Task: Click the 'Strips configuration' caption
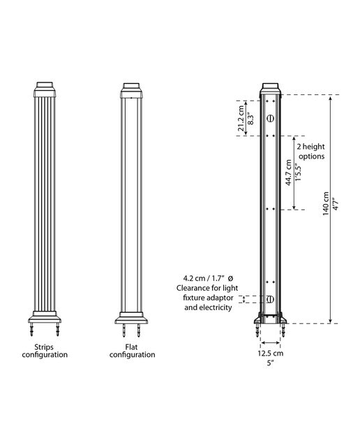tap(45, 351)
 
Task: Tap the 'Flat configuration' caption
tap(132, 351)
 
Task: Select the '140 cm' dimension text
tap(326, 203)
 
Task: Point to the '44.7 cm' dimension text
tap(289, 173)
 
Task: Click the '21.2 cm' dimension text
tap(241, 118)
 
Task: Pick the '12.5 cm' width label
tap(271, 353)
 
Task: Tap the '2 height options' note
tap(310, 152)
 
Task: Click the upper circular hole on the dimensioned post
tap(270, 118)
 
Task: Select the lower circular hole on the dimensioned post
tap(270, 300)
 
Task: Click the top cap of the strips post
tap(45, 89)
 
